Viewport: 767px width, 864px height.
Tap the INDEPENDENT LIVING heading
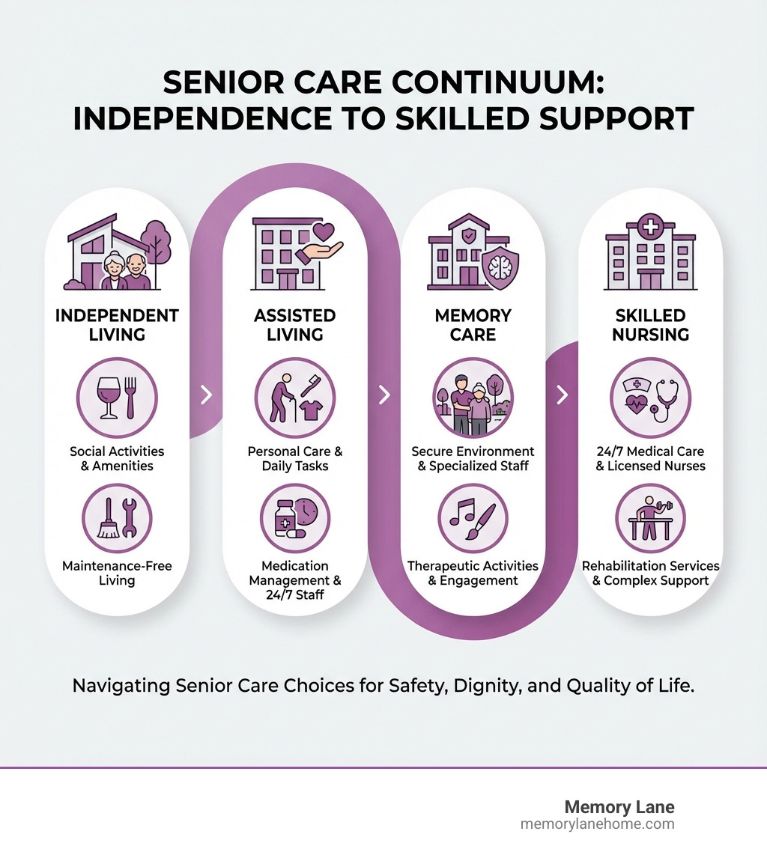pos(117,324)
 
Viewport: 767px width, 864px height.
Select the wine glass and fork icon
pos(117,397)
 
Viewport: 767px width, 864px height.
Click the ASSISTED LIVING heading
pos(294,324)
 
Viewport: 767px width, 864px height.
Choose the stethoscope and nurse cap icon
pos(650,397)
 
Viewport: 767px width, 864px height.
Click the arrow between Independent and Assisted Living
pos(207,395)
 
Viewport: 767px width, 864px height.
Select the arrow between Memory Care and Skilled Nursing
pos(563,395)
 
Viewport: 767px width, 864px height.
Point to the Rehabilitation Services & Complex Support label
pos(650,573)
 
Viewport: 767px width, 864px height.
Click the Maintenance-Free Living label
pos(117,573)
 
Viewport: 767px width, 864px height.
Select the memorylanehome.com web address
pos(597,824)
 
